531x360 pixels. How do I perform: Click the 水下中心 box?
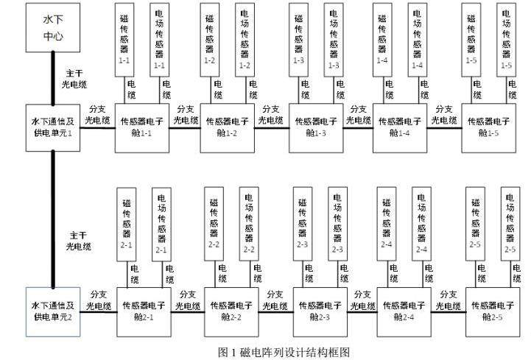pos(52,27)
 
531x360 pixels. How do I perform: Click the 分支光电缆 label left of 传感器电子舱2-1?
pos(98,300)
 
